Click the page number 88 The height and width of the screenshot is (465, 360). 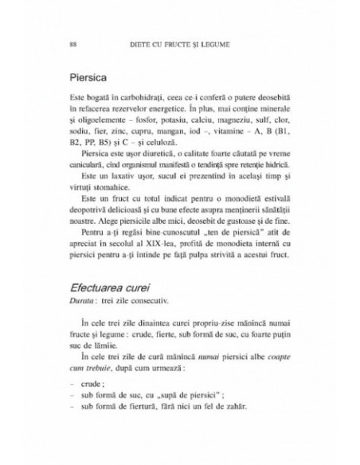pos(72,44)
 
